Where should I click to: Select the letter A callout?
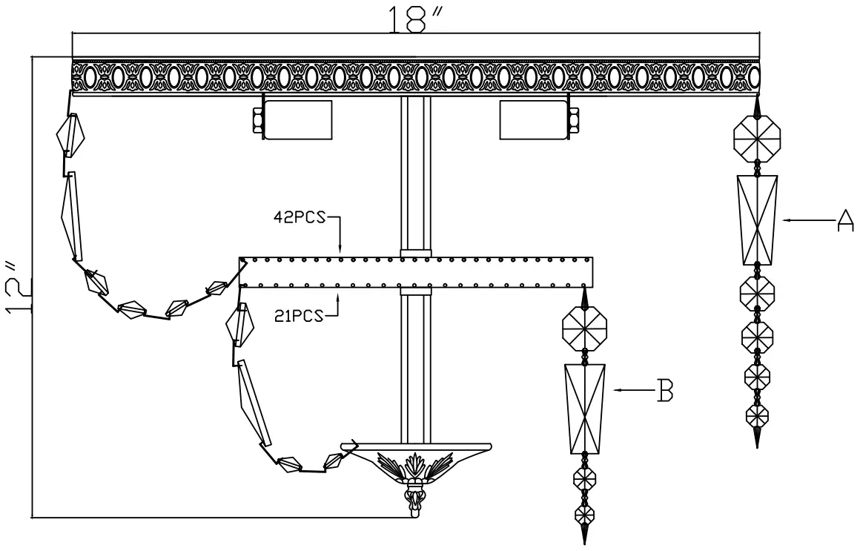[x=844, y=220]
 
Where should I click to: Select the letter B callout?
[x=665, y=390]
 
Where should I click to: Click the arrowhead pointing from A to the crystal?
[x=787, y=220]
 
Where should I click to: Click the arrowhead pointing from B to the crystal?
[x=617, y=390]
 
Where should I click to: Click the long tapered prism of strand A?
[x=757, y=220]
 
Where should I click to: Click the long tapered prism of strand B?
[x=585, y=409]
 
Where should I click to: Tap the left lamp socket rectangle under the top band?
[x=298, y=119]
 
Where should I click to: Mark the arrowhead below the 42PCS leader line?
[x=340, y=251]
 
